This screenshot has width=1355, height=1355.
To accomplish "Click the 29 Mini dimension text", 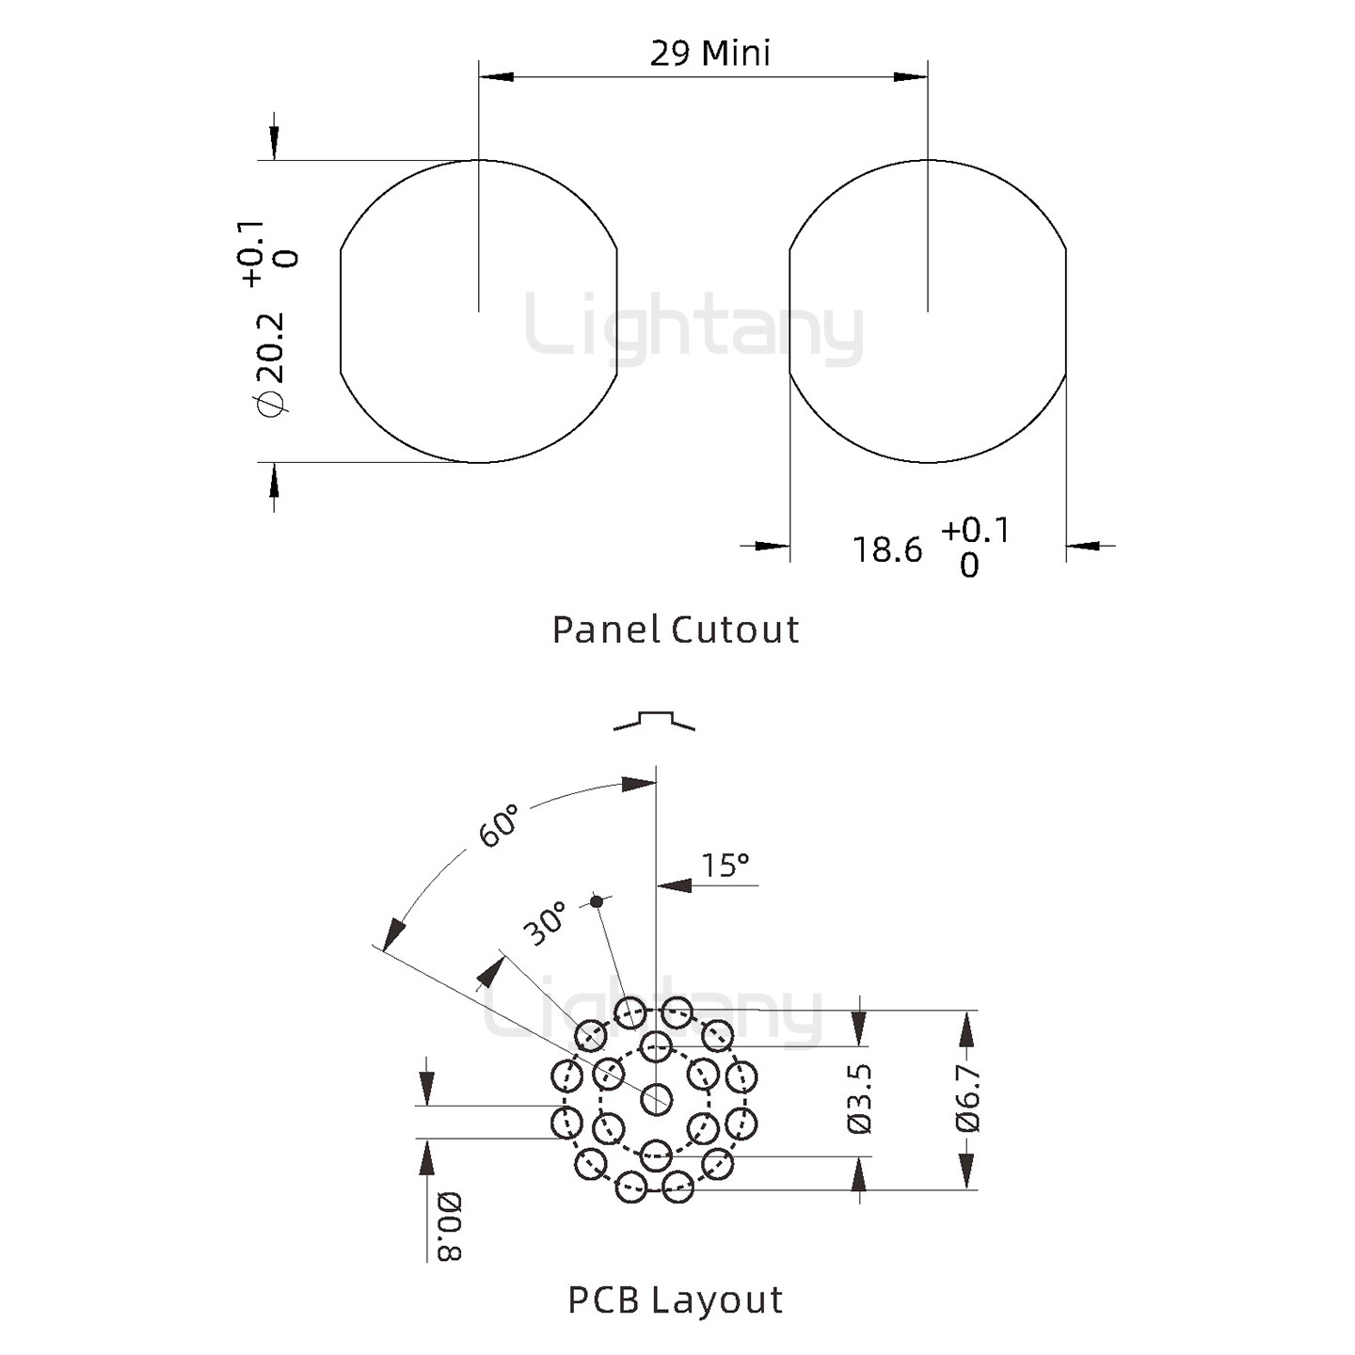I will tap(709, 54).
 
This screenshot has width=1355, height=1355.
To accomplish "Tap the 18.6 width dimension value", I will tap(887, 550).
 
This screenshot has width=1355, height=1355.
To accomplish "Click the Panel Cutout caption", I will tap(675, 630).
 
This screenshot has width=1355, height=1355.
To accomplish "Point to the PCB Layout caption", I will tap(675, 1299).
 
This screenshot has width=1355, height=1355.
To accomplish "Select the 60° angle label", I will tap(499, 825).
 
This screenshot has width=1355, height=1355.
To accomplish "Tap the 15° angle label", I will tap(725, 865).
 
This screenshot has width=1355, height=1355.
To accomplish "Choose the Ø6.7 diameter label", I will tap(968, 1098).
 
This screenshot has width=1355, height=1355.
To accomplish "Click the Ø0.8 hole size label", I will tap(449, 1225).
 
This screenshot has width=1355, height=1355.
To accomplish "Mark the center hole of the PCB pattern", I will tap(656, 1098).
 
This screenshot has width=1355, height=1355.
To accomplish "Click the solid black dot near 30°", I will tap(596, 901).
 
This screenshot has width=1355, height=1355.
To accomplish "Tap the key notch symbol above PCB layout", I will tap(655, 721).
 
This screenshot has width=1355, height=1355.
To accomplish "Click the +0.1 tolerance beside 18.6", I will tap(975, 531).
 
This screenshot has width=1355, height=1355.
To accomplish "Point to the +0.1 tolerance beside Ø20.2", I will tap(252, 253).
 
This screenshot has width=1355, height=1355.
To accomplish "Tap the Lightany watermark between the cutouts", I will tap(693, 329).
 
